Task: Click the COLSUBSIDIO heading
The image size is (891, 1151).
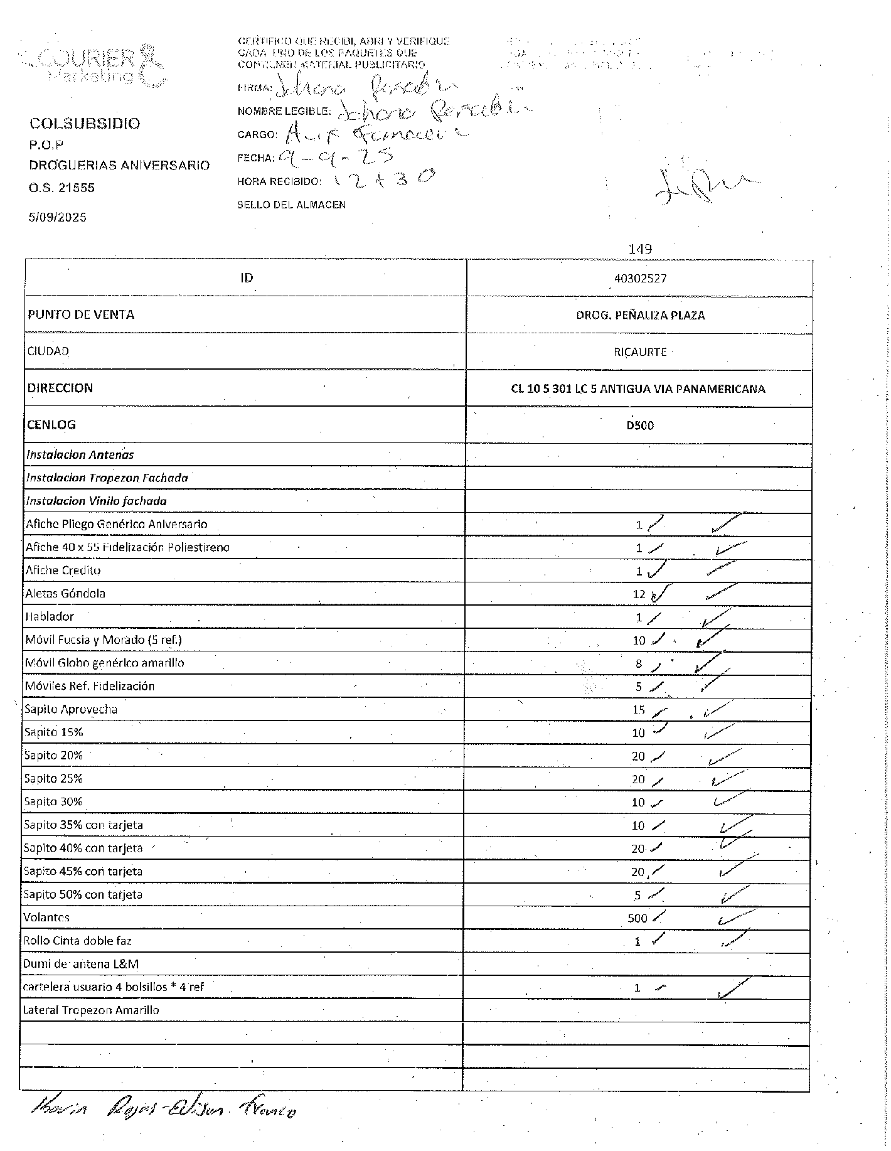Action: pos(85,124)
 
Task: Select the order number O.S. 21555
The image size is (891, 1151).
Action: pos(61,188)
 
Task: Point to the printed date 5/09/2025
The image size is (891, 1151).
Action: pos(58,217)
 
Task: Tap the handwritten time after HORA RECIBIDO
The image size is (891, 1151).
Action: pos(383,180)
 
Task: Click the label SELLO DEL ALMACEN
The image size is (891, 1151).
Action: pos(291,205)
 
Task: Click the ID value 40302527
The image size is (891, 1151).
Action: pos(640,279)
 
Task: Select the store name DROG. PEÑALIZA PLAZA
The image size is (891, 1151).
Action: pos(640,315)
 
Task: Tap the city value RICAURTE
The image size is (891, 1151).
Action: pos(640,352)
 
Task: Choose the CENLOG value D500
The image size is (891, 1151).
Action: pos(640,426)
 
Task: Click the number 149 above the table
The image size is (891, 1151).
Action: pos(640,249)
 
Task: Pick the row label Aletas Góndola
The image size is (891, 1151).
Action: pos(65,594)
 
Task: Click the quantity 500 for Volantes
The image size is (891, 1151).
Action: pos(637,918)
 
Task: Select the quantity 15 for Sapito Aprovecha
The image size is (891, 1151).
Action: pos(638,710)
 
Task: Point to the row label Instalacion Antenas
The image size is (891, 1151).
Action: pos(80,455)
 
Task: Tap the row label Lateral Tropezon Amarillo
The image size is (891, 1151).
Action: pos(91,1010)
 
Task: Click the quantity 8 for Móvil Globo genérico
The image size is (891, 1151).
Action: pos(639,663)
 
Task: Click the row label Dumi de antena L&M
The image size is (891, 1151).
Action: pos(81,964)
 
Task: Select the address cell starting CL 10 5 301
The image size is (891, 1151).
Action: pos(638,389)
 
